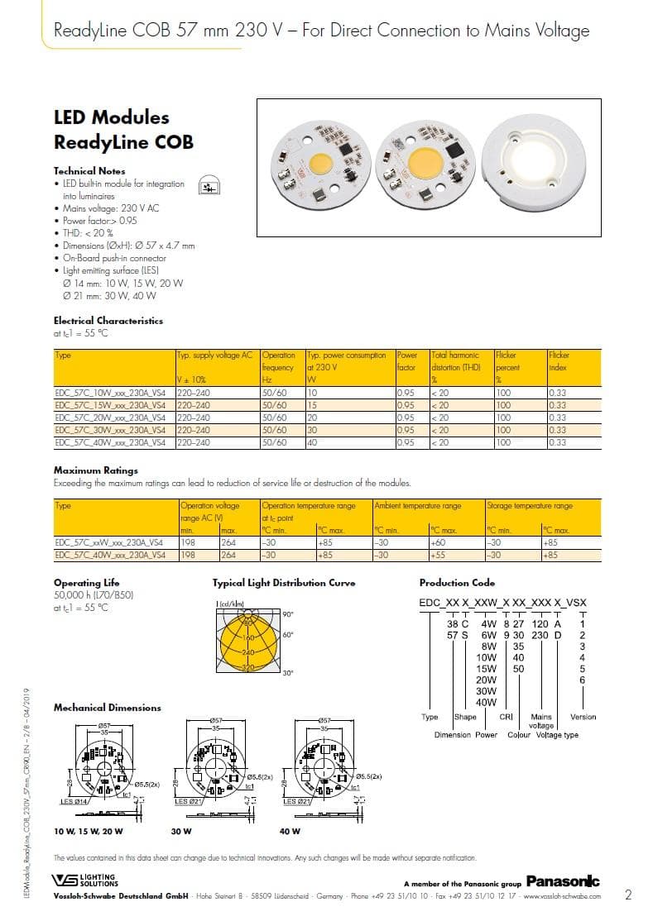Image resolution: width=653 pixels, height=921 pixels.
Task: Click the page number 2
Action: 628,894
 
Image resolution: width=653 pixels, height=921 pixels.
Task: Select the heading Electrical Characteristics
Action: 108,321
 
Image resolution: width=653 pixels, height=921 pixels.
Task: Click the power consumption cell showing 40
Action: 312,442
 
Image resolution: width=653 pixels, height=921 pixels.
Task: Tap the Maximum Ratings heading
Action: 89,470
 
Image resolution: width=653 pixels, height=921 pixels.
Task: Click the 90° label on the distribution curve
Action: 288,614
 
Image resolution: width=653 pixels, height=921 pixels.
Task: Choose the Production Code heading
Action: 457,583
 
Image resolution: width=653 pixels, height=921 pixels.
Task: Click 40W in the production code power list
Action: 487,703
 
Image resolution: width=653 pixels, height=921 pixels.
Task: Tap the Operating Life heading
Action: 86,583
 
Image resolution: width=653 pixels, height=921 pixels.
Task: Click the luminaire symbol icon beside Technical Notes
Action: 204,187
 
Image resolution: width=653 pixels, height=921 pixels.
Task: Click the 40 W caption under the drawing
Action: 290,831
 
